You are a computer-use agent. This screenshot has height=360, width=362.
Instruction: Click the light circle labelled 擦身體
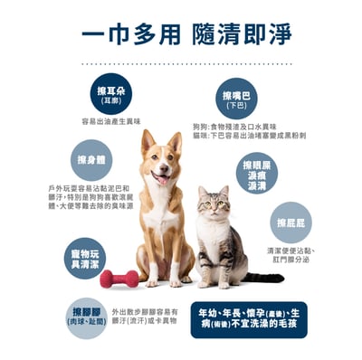pos(90,161)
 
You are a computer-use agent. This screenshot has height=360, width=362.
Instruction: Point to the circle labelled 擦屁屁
pos(289,223)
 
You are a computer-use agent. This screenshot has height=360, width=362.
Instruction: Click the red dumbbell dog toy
pos(119,279)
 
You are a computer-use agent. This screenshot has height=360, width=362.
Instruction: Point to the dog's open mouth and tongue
pos(160,177)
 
